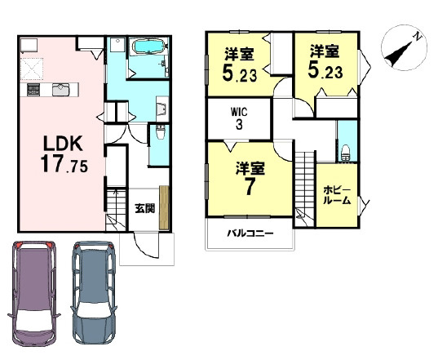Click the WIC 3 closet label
tap(239, 116)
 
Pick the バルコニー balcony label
tap(250, 234)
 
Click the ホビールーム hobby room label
tap(337, 194)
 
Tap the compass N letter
tap(416, 36)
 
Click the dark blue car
tap(94, 292)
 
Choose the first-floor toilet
tap(158, 134)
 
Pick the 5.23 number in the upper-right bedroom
tap(325, 70)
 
